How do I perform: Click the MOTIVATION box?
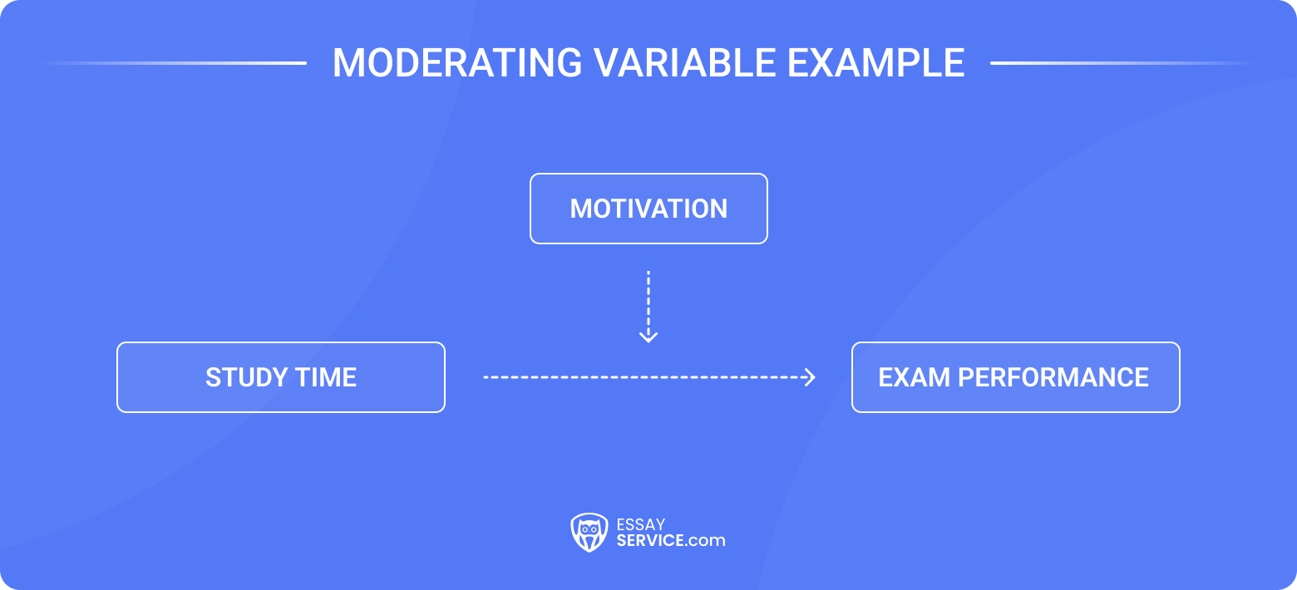(x=648, y=209)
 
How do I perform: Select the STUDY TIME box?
(x=281, y=377)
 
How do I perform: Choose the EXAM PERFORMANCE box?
(x=1015, y=377)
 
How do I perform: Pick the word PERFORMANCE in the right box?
(x=1053, y=377)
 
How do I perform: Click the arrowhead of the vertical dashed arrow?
(x=648, y=337)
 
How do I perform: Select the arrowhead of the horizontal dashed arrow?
(x=809, y=377)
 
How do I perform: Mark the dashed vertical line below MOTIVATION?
(x=648, y=299)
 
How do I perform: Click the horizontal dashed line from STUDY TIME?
(x=640, y=377)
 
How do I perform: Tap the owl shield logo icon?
(x=589, y=533)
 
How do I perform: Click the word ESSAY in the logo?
(x=640, y=524)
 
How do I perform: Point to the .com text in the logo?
(x=707, y=541)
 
